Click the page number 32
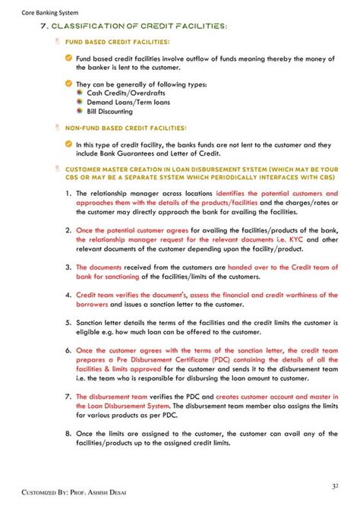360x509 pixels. point(335,486)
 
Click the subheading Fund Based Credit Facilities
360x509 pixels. point(117,42)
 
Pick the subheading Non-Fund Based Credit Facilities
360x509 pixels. point(125,128)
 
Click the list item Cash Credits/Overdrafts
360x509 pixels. point(122,93)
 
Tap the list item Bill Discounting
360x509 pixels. point(111,111)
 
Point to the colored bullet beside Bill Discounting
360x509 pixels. point(81,111)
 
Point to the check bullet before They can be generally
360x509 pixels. point(68,84)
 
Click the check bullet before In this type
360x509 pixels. point(68,144)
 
